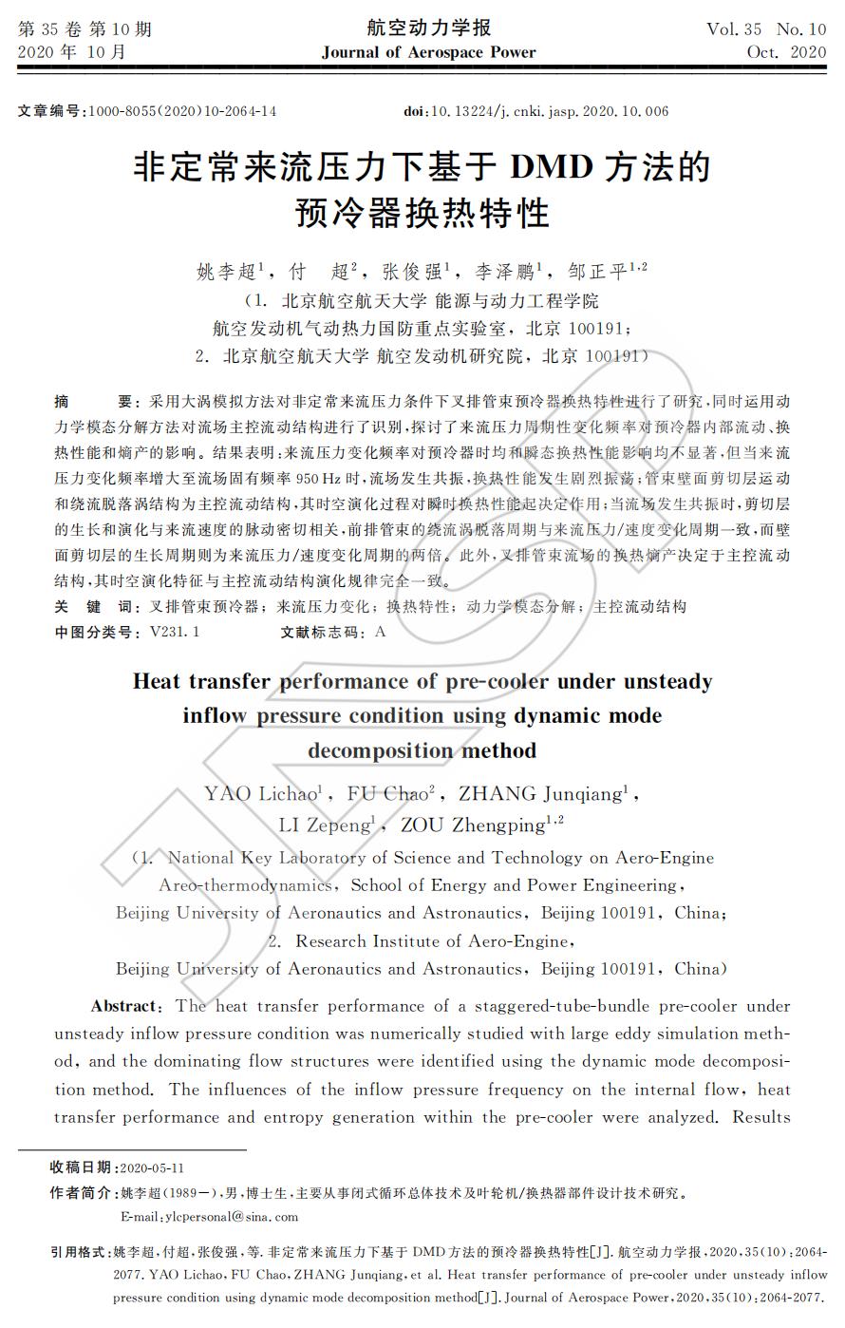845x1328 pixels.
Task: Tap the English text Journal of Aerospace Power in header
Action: [x=428, y=52]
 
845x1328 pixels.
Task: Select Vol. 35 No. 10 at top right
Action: [x=766, y=28]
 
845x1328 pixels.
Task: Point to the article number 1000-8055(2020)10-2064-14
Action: [x=182, y=111]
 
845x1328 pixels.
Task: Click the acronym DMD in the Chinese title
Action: [x=552, y=167]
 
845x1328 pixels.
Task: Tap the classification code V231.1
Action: [x=174, y=631]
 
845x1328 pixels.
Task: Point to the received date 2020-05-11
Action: [x=153, y=1167]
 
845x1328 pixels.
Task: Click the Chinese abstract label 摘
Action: [x=62, y=401]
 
